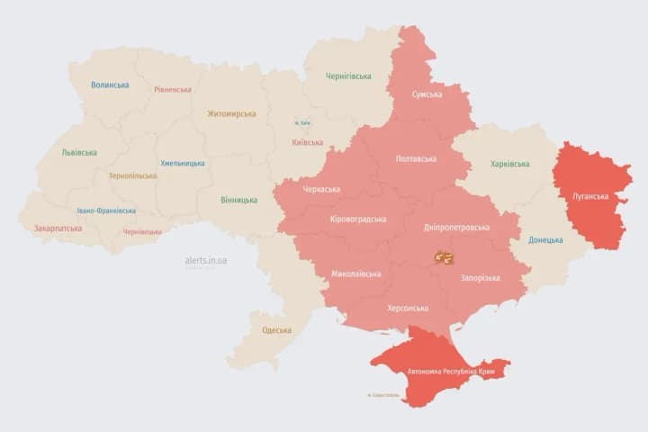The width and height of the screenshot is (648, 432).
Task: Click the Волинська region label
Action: [x=110, y=85]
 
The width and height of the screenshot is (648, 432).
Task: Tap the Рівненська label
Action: [x=172, y=90]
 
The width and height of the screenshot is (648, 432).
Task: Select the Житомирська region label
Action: [x=231, y=114]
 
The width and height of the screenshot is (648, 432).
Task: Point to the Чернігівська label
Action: [x=348, y=76]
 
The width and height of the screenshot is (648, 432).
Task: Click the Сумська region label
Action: [x=427, y=94]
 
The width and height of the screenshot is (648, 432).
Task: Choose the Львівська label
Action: [x=79, y=152]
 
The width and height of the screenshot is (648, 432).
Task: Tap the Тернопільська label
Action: [x=131, y=176]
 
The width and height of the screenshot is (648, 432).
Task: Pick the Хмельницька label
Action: [x=183, y=164]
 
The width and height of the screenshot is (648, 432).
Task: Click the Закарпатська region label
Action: [x=58, y=229]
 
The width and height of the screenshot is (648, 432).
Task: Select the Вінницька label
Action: [x=238, y=200]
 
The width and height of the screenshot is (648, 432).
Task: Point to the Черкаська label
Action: [x=321, y=190]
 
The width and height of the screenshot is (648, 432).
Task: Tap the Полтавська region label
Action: [x=416, y=159]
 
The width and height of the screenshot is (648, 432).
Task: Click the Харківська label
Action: [x=510, y=164]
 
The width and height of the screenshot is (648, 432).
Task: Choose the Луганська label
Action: [x=590, y=196]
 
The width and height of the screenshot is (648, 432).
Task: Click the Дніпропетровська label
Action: [x=456, y=228]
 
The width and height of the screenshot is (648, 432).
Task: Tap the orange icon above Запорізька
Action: [x=444, y=257]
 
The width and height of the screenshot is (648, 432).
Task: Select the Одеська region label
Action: [x=276, y=330]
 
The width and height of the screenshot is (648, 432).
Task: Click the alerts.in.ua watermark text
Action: [x=206, y=260]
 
